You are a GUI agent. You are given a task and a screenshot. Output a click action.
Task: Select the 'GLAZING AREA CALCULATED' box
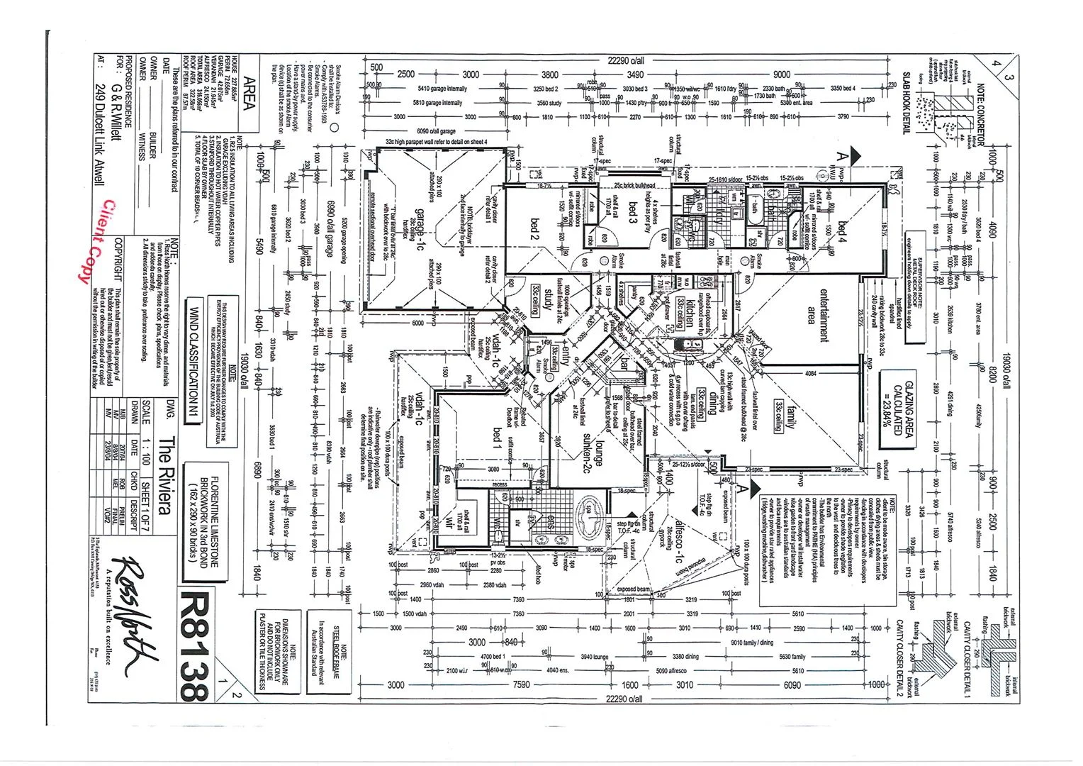tap(898, 403)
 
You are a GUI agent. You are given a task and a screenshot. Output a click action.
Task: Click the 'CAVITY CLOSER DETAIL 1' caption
tap(966, 659)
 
